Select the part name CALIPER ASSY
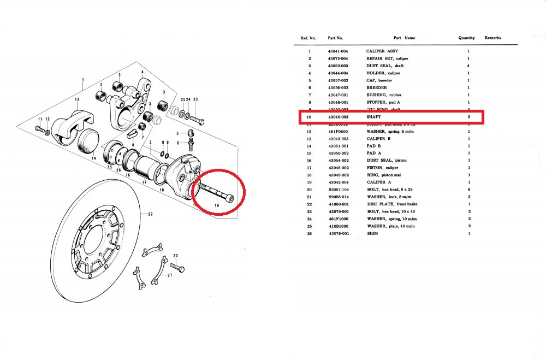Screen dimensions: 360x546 tap(382, 51)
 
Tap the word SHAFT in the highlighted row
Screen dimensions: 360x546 tap(374, 117)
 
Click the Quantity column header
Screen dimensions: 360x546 tap(467, 38)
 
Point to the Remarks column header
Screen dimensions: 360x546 tap(492, 38)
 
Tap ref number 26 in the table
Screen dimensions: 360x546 tap(309, 234)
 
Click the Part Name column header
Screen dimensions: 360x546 tap(404, 38)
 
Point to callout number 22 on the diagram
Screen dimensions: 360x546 tap(150, 215)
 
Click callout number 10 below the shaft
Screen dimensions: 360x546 tap(217, 205)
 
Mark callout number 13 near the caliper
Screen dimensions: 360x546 tap(78, 99)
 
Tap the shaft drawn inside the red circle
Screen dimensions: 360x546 tap(217, 193)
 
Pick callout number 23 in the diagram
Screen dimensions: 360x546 tap(195, 99)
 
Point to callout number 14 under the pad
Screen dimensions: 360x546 tap(93, 158)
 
